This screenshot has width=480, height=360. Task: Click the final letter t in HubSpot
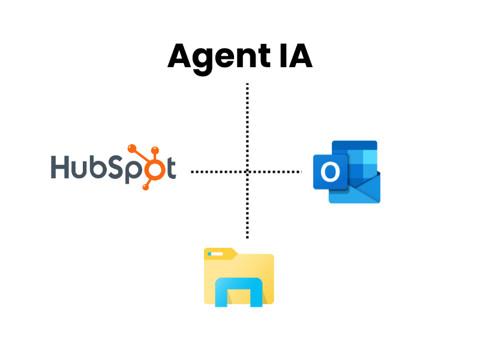170,168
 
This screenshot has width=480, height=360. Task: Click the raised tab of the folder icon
220,253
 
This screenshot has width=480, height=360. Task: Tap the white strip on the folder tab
216,255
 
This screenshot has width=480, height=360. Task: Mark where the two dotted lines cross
247,172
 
